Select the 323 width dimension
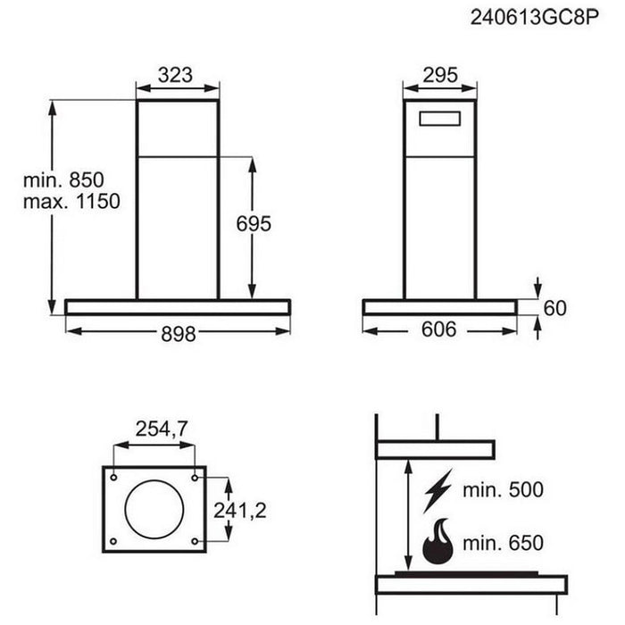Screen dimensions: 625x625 [176, 75]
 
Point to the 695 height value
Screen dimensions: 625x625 [254, 224]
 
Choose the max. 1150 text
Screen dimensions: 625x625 [71, 202]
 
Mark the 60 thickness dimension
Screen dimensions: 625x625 [555, 309]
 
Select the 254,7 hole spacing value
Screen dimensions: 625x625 [162, 429]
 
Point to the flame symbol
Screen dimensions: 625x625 [437, 541]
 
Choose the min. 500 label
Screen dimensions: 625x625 [503, 489]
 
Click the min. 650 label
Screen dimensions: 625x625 [503, 542]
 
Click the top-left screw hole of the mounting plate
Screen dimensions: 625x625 [114, 477]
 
